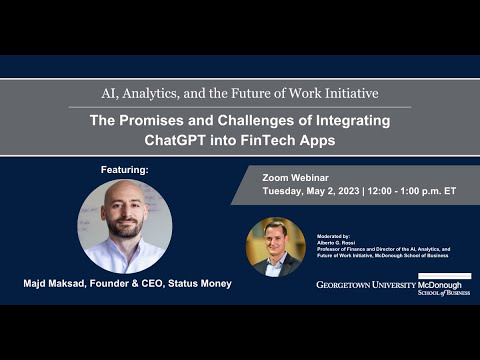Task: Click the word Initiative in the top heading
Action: [344, 93]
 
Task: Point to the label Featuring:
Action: [125, 170]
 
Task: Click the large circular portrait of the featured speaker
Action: [125, 226]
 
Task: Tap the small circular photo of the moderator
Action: [275, 246]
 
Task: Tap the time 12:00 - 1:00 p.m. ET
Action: [412, 190]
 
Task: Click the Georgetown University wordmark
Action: [364, 285]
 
